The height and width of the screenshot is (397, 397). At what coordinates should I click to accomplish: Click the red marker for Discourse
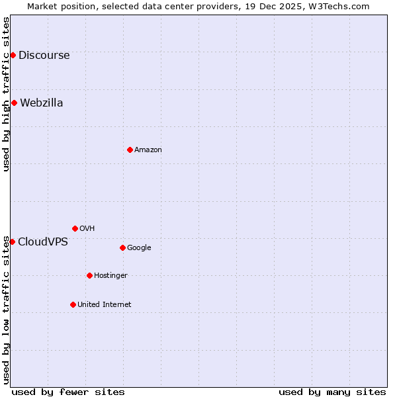tap(13, 55)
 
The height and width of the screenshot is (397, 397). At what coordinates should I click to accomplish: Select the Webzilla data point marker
tap(14, 103)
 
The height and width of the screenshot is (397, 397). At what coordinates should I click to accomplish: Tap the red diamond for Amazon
tap(130, 150)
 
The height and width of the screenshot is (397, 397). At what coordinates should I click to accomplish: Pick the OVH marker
tap(75, 228)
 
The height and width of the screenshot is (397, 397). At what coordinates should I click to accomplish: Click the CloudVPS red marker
tap(12, 242)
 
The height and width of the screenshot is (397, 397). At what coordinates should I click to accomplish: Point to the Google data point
tap(122, 247)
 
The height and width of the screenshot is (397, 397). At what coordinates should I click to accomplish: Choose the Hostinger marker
tap(89, 275)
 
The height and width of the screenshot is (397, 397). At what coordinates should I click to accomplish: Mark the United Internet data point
tap(73, 304)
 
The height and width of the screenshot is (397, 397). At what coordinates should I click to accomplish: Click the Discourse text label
tap(44, 55)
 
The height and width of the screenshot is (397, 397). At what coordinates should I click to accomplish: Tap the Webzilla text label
tap(41, 103)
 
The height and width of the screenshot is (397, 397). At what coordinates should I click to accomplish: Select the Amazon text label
tap(148, 150)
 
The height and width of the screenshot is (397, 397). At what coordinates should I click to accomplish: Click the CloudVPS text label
tap(42, 242)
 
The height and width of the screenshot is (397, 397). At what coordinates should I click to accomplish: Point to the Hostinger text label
tap(110, 275)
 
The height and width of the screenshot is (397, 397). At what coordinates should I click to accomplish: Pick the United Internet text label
tap(104, 304)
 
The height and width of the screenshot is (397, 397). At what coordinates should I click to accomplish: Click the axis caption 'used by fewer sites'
tap(68, 392)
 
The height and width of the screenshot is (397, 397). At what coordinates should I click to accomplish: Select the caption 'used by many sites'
tap(331, 392)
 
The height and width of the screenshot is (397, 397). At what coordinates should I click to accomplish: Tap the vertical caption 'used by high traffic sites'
tap(6, 94)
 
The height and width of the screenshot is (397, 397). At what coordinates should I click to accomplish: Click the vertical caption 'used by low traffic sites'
tap(6, 310)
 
